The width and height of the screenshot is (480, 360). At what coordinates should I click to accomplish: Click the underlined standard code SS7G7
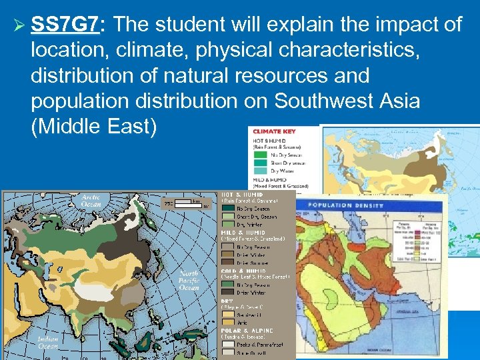(65, 25)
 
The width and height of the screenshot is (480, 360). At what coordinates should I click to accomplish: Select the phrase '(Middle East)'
(92, 126)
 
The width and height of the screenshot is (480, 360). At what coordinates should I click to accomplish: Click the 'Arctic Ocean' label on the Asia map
(91, 200)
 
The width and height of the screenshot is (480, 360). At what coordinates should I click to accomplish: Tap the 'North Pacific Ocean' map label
(189, 281)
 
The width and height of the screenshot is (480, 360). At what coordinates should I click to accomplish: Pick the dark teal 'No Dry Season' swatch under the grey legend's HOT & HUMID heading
(228, 207)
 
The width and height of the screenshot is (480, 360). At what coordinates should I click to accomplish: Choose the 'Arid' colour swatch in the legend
(228, 323)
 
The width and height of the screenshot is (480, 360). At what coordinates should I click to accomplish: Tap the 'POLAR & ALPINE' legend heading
(247, 330)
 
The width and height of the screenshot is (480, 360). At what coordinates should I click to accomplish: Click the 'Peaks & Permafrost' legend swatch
(228, 345)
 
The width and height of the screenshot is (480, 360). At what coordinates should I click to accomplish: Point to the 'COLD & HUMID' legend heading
(243, 271)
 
